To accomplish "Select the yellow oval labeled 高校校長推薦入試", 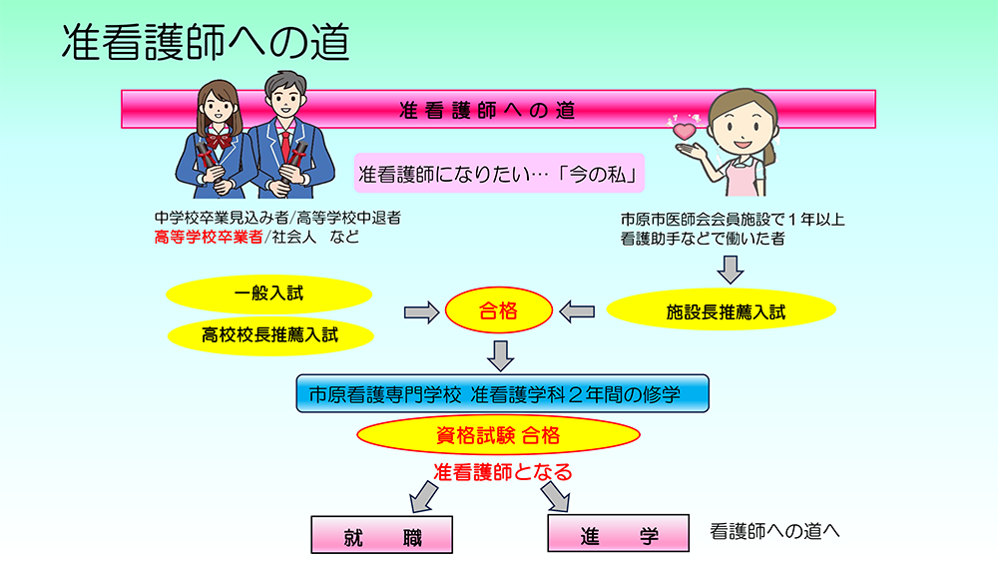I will pos(269,334).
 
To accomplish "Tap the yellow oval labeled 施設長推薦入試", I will pos(726,311).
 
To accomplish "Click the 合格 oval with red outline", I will pos(498,312).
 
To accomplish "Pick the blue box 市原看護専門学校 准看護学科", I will pos(502,393).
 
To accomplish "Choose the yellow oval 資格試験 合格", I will pos(497,434).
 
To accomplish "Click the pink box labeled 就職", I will pos(382,536).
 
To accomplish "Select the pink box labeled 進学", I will pos(619,534).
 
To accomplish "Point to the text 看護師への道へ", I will pos(774,531).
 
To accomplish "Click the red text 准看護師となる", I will pos(502,471).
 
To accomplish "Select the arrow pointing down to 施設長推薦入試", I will pos(733,268).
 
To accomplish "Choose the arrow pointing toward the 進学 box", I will pos(557,496).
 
